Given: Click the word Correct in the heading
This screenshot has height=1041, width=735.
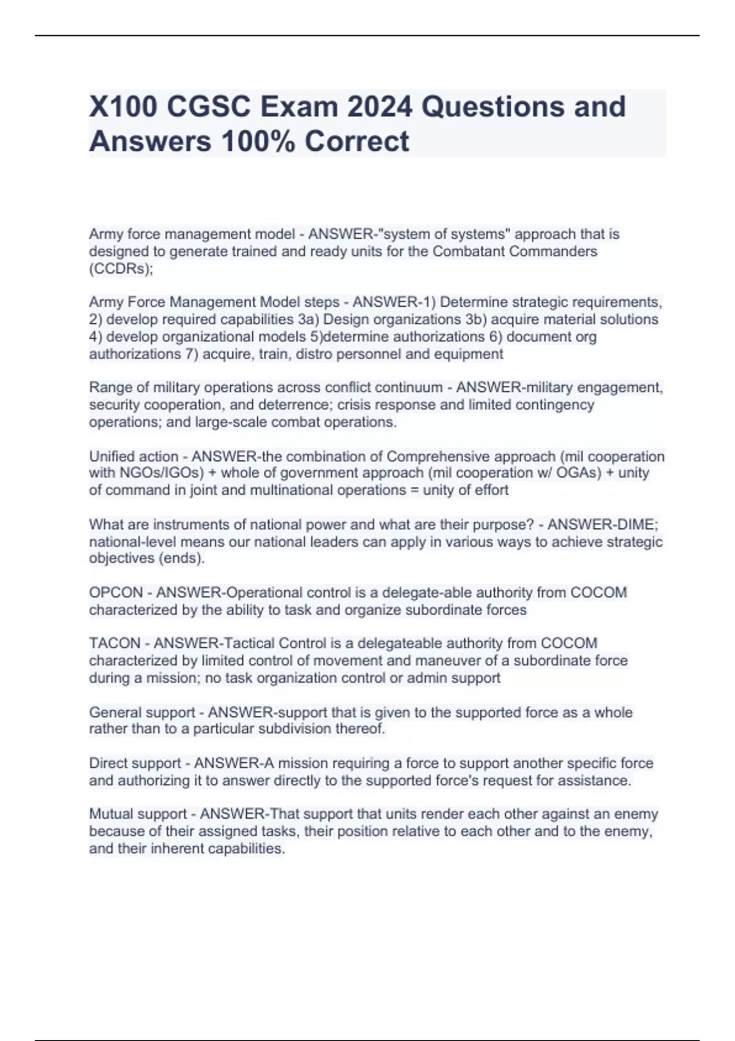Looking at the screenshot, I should tap(357, 141).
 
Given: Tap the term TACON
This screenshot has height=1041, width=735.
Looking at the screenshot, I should tap(115, 644).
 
